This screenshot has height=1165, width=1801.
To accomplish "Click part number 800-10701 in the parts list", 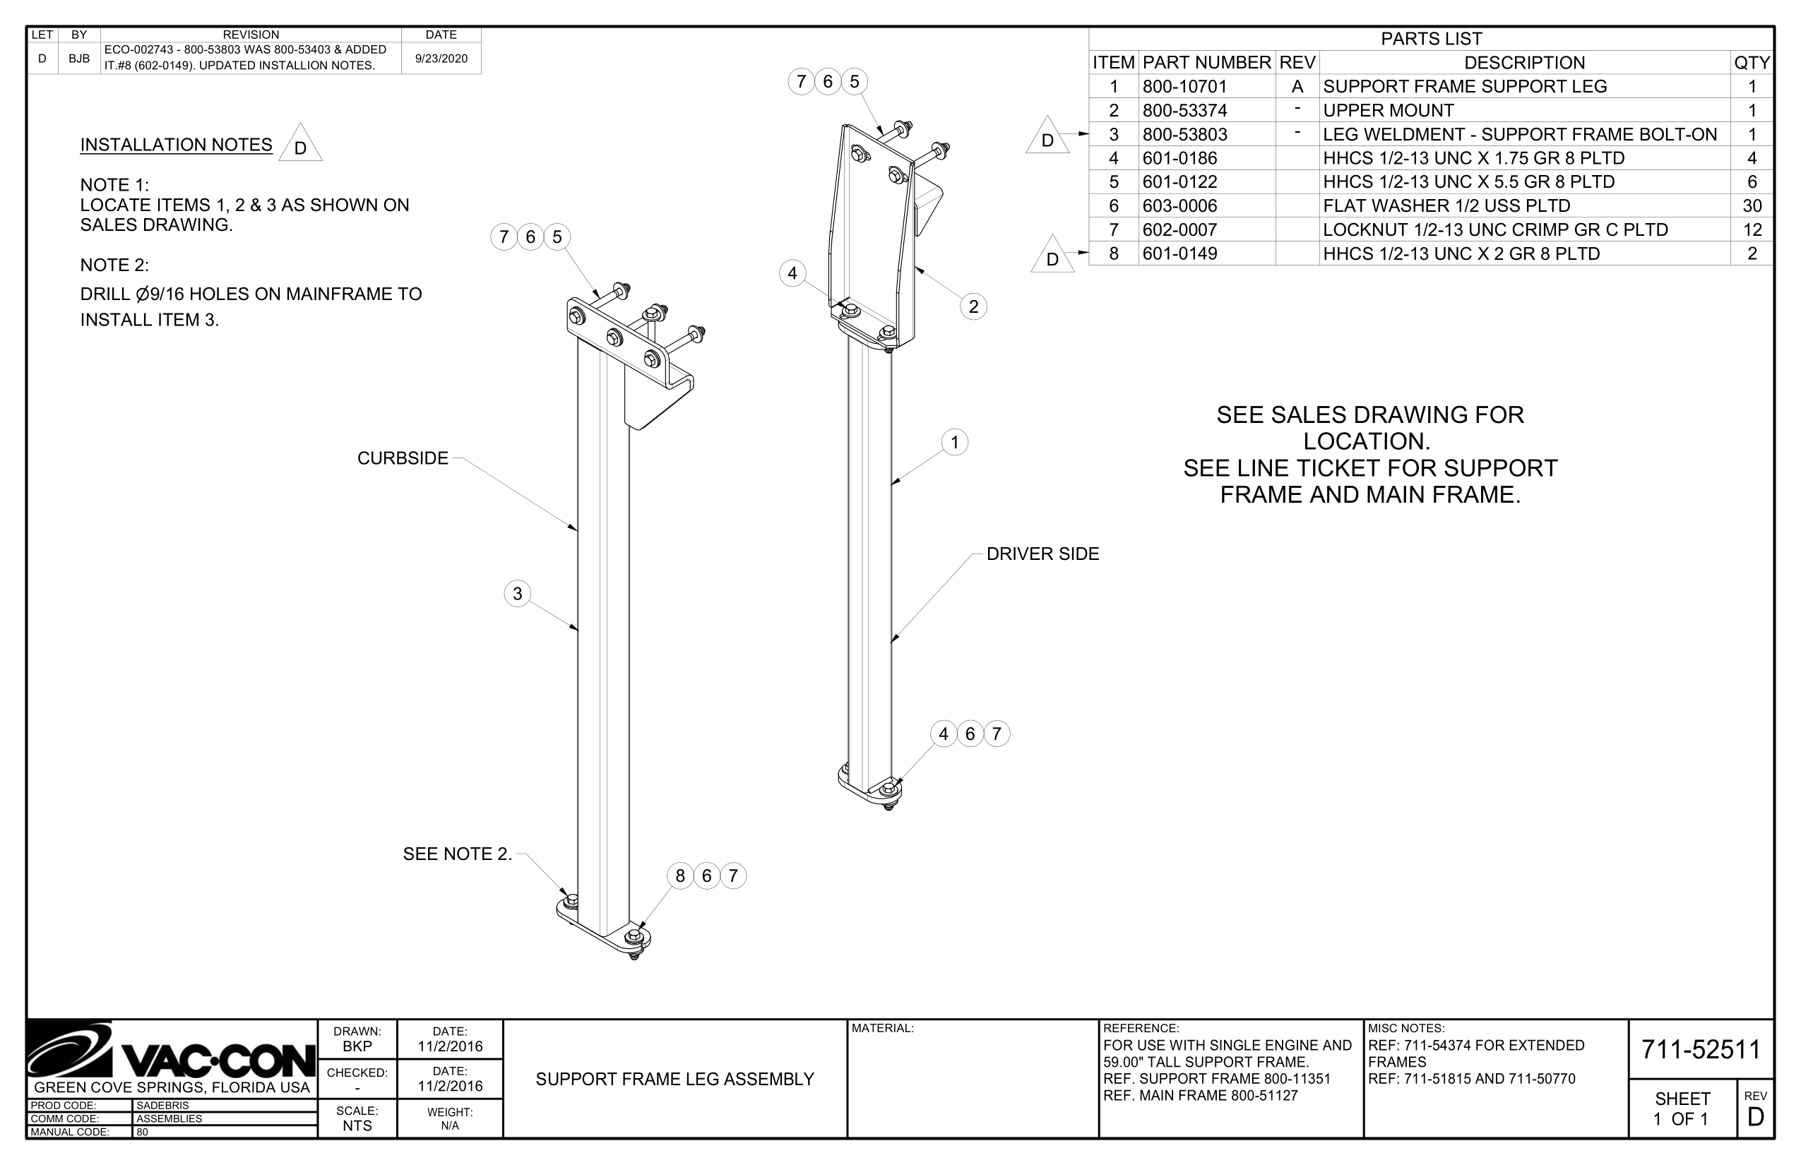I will [x=1184, y=86].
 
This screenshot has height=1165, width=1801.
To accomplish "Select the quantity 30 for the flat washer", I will [x=1752, y=205].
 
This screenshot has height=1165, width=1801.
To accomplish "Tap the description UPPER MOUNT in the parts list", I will [x=1388, y=110].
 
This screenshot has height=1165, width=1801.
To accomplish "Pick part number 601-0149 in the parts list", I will [x=1179, y=253].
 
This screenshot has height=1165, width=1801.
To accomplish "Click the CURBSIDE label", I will [x=403, y=458].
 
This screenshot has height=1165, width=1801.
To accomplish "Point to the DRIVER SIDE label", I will [x=1042, y=554].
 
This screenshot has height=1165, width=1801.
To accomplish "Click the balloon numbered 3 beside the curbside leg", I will [x=518, y=594].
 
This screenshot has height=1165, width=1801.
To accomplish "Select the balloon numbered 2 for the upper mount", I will [x=973, y=306].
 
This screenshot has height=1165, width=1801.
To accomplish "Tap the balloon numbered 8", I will [x=680, y=876].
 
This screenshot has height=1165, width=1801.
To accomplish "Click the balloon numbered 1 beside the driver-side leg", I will [x=955, y=443].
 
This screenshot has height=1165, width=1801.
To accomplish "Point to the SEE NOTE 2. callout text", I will [x=457, y=854].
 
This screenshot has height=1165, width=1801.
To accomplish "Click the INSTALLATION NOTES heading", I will [x=177, y=145].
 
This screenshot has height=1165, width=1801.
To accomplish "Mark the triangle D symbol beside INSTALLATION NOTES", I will [x=300, y=146].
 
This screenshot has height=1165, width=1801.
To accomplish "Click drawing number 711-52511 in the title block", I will [x=1701, y=1049].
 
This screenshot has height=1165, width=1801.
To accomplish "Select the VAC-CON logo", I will [x=172, y=1051].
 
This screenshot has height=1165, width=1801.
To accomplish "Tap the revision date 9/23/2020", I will [x=441, y=58].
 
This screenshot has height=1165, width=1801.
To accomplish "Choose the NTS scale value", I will [x=357, y=1125].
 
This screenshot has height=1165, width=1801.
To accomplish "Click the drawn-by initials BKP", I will [x=357, y=1046].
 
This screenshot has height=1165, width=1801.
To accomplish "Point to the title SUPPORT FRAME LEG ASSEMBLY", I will [x=674, y=1080].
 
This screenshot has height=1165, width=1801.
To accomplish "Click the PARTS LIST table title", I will [x=1431, y=39].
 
